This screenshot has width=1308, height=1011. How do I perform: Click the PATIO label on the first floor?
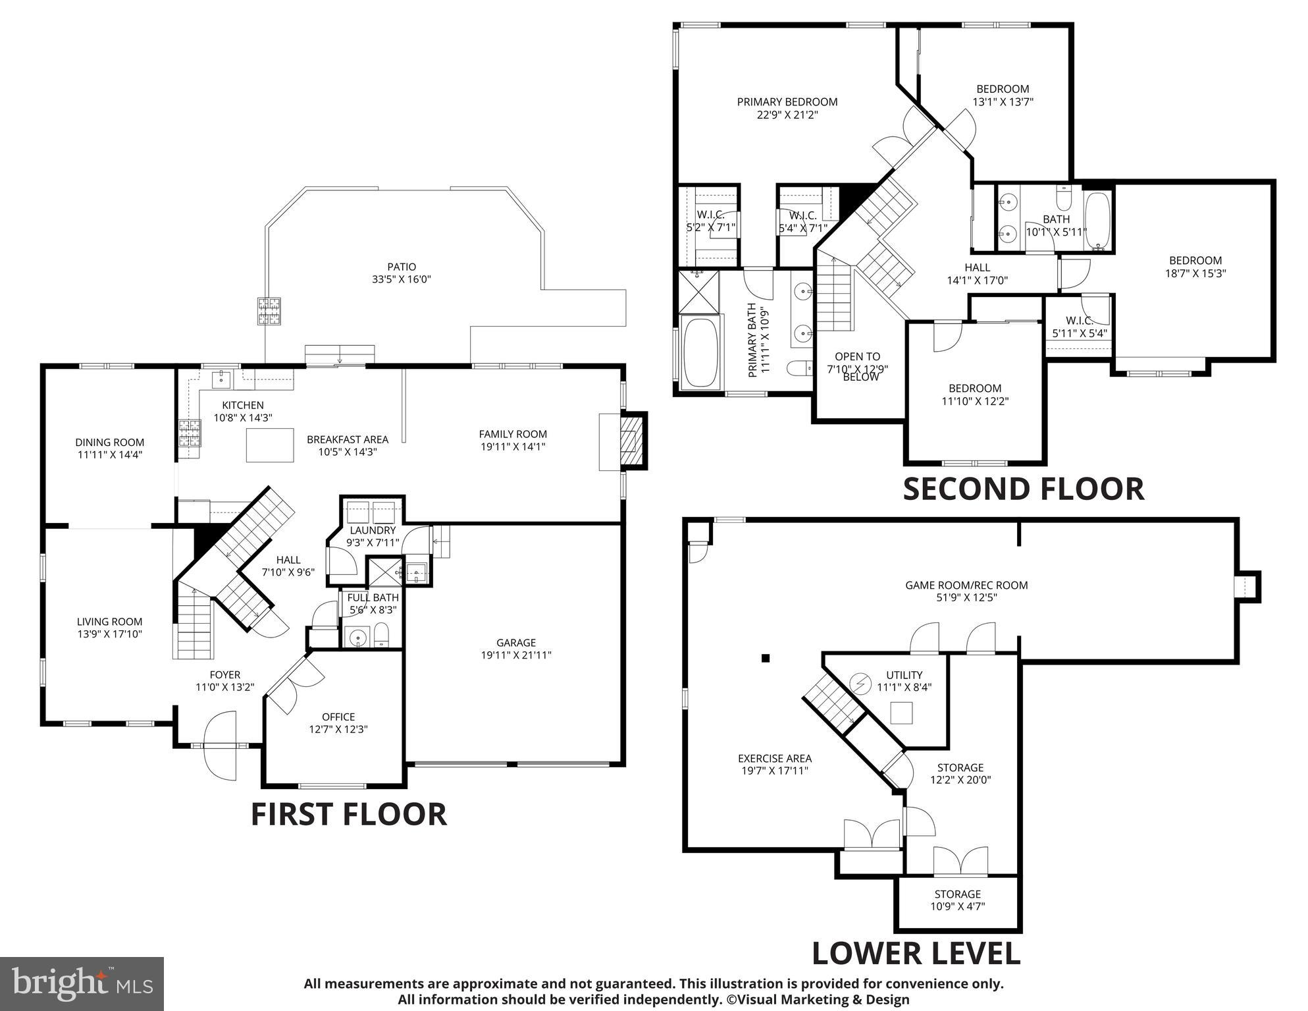pos(401,267)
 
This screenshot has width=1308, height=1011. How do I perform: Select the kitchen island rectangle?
pos(270,445)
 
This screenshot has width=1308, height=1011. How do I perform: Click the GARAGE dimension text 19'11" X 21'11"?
pos(515,655)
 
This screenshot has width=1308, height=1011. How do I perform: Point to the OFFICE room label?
pos(338,717)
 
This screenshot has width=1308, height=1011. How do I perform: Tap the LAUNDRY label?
pos(373,530)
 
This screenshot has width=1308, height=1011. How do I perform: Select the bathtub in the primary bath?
pos(701,353)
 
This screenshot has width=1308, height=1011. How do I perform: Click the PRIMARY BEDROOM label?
pos(787,102)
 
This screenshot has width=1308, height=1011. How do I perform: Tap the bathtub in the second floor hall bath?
pos(1097,219)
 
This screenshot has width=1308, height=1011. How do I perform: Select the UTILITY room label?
pos(904,675)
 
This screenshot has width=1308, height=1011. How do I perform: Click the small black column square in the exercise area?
pos(765,657)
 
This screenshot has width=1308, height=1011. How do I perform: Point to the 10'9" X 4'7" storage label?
pos(957,906)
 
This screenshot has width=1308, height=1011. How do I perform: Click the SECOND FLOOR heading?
pos(1023,489)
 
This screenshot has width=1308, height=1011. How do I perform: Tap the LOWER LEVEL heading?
pos(916,953)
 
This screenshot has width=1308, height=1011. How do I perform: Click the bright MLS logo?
pos(82,984)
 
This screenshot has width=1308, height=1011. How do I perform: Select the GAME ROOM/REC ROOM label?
pos(966,585)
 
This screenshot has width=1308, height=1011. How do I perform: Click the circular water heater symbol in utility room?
pos(860,683)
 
